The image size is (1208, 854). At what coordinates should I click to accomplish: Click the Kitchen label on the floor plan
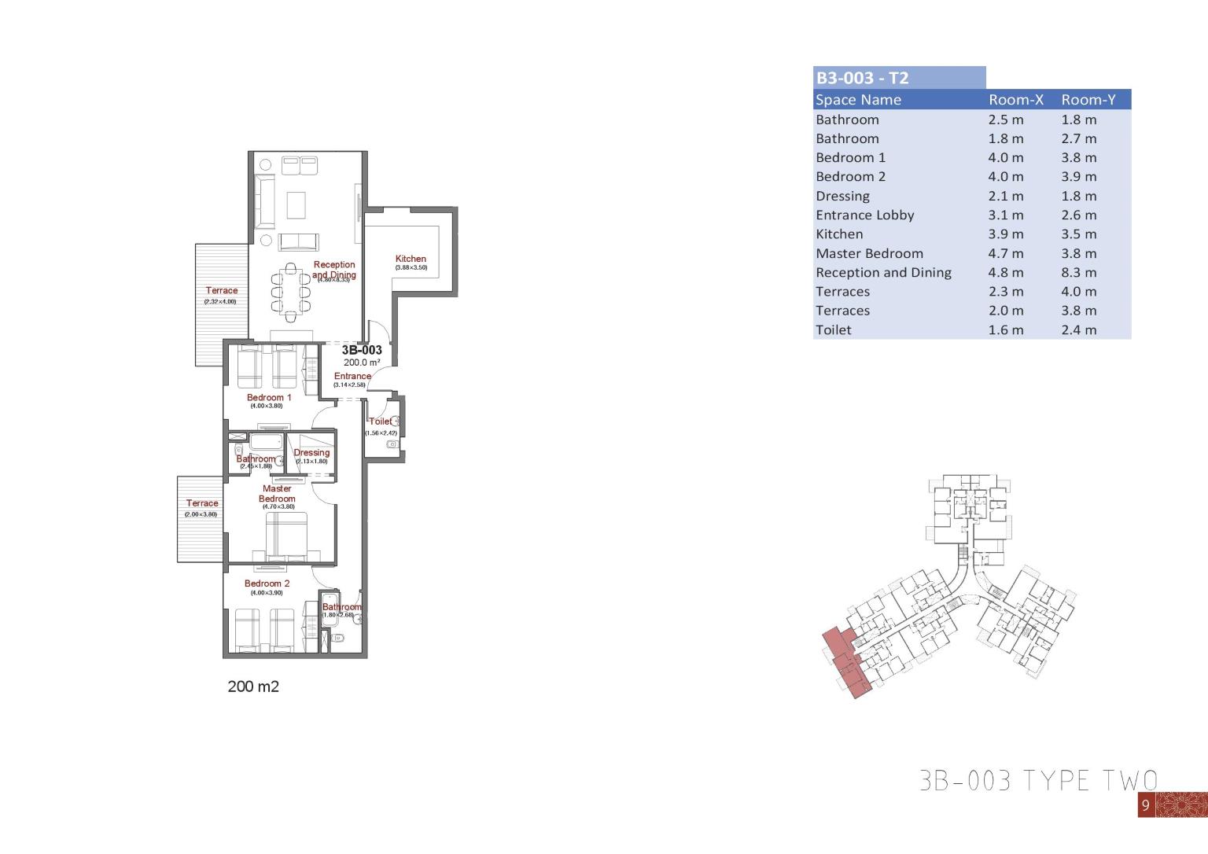point(411,259)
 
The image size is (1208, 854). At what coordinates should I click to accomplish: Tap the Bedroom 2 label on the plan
point(267,583)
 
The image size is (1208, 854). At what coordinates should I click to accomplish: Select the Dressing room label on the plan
point(311,453)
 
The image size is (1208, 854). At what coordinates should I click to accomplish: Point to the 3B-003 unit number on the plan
point(362,351)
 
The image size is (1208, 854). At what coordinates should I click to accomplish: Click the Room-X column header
point(1015,100)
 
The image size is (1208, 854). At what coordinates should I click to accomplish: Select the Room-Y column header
point(1088,100)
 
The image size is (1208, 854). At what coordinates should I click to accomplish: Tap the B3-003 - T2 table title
point(862,78)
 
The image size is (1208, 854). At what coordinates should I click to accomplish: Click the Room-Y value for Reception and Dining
point(1078,273)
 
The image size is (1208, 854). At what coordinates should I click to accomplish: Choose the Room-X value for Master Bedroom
point(1006,253)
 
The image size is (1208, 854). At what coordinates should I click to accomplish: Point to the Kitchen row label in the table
point(839,234)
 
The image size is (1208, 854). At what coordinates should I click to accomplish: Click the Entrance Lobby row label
point(864,215)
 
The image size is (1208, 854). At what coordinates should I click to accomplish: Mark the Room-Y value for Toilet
point(1078,330)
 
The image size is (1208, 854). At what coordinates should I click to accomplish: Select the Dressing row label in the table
point(842,197)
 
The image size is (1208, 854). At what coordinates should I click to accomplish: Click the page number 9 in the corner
point(1146,805)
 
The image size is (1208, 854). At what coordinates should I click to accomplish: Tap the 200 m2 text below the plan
point(253,687)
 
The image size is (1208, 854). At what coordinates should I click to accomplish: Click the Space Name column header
point(858,100)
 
